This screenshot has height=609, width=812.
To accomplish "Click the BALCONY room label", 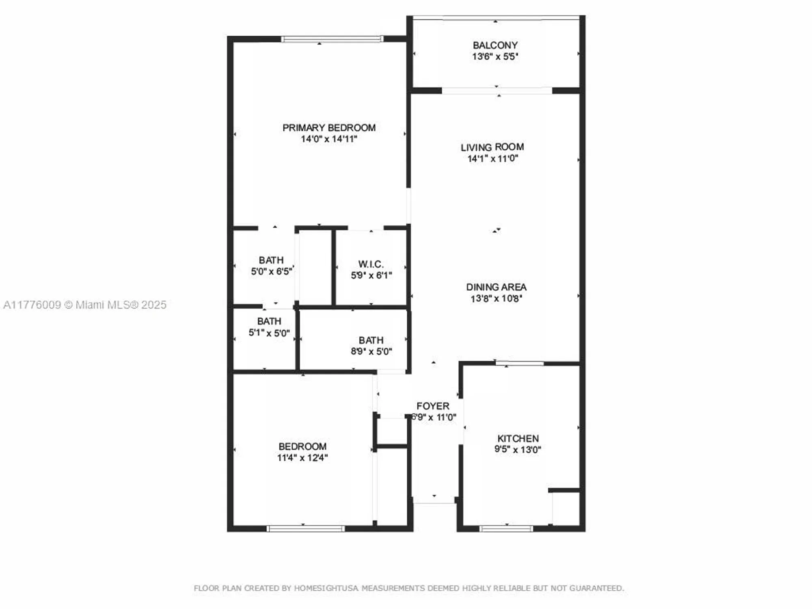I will tap(495, 45).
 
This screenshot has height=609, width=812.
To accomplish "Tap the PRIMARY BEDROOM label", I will tap(329, 127).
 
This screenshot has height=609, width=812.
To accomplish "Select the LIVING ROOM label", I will tap(492, 147).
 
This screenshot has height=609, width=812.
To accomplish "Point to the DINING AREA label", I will tap(496, 287).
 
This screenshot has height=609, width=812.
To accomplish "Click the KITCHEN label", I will tap(518, 438).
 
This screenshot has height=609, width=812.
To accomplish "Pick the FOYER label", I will tap(433, 406).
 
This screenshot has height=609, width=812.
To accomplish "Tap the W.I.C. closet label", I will tap(371, 264).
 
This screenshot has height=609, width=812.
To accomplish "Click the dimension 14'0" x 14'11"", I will tap(329, 139).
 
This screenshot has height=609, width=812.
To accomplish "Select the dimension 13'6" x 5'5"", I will tap(495, 56).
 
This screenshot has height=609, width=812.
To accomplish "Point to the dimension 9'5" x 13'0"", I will tap(518, 449).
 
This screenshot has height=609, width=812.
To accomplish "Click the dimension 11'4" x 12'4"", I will tap(302, 458).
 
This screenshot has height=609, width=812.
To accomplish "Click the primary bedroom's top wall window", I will tap(332, 39).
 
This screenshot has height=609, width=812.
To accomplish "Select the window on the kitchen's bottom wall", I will tap(506, 529).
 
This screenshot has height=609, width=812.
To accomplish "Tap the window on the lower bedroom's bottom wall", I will tap(306, 529).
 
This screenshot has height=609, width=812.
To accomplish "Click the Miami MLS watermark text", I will tap(85, 305).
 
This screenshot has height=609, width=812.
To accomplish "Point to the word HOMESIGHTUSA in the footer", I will tap(326, 588).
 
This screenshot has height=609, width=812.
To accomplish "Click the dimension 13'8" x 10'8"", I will tap(496, 298).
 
